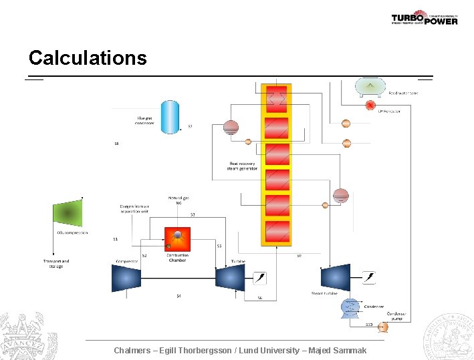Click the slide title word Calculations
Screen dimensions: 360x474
[88, 58]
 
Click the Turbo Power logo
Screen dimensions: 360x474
[425, 18]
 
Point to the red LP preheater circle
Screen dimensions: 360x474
[370, 106]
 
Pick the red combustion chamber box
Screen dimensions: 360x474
[177, 239]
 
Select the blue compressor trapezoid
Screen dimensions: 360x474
[126, 277]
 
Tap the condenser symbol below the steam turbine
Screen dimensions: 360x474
[350, 307]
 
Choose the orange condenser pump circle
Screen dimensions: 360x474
[383, 327]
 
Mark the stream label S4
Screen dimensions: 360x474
[179, 296]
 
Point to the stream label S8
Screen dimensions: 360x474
[116, 144]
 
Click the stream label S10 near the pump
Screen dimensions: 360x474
[369, 325]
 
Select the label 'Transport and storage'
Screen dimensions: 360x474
[56, 264]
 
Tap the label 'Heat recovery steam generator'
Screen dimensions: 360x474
[243, 166]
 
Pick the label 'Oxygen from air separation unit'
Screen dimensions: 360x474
[134, 208]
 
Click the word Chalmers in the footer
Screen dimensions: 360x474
[132, 351]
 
